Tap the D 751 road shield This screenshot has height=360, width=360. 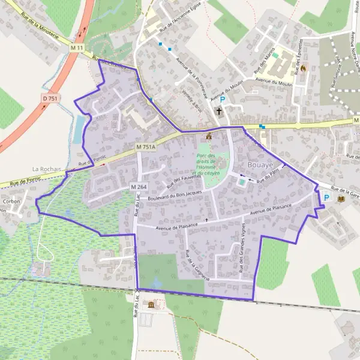point(51,97)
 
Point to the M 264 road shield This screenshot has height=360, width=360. point(139,187)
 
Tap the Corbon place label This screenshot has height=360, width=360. point(11,202)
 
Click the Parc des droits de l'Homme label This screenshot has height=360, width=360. point(208,164)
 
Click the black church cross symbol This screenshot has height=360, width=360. point(219,112)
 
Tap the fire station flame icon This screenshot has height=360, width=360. point(303,68)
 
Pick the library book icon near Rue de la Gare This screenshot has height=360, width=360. point(341,198)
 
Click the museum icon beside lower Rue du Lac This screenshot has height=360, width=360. point(151,305)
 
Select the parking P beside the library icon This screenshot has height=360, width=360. point(327,197)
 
